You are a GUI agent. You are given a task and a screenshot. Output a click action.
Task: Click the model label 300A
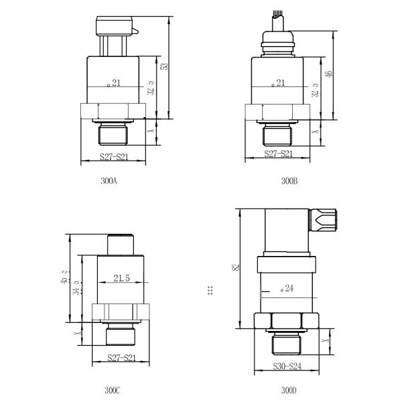tap(109, 181)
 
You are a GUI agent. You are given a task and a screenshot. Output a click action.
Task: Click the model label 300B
tap(289, 181)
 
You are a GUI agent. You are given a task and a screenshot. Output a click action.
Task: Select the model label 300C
tap(111, 390)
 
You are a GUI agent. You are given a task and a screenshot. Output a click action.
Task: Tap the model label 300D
tap(289, 390)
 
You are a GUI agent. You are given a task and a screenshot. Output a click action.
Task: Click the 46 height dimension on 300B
tap(328, 74)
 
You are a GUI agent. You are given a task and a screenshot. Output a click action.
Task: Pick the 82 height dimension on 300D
tap(234, 268)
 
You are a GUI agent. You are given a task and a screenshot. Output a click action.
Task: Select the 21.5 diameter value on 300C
tap(121, 277)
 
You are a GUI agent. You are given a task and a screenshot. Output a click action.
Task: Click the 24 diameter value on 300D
tap(289, 288)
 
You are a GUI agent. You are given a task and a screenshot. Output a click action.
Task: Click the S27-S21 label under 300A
tap(113, 156)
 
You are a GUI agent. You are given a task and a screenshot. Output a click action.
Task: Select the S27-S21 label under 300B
tap(278, 154)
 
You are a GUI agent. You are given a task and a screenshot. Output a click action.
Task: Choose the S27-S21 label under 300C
tap(122, 358)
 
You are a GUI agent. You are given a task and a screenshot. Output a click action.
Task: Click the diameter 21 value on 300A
tap(115, 83)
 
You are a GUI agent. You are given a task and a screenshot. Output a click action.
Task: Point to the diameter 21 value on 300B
tap(279, 83)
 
